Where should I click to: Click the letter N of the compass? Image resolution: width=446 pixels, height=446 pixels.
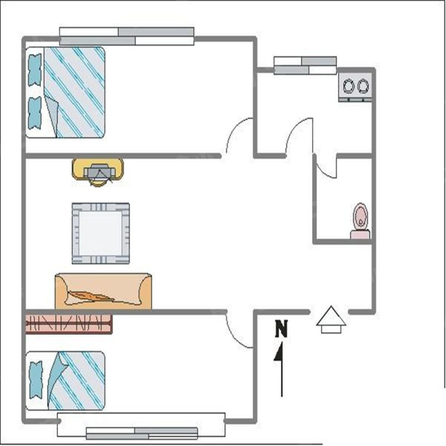[x=282, y=329]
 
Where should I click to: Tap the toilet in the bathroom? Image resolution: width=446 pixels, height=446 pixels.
[x=360, y=221]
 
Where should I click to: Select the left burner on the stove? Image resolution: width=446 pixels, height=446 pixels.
[x=348, y=86]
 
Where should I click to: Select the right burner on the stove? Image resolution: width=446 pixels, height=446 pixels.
[x=363, y=86]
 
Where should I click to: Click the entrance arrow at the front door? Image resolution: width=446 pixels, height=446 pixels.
[x=331, y=319]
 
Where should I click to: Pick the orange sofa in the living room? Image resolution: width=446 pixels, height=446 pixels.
[x=103, y=291]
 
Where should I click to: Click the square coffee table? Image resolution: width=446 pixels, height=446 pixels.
[x=101, y=233]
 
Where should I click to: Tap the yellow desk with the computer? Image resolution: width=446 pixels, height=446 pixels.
[x=98, y=169]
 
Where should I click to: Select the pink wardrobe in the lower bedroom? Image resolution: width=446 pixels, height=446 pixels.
[x=69, y=324]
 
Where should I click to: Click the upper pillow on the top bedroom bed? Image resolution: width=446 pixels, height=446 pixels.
[x=35, y=70]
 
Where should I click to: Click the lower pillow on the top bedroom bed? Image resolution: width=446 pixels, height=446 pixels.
[x=35, y=113]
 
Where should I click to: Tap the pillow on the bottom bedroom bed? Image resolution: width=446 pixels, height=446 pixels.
[x=36, y=380]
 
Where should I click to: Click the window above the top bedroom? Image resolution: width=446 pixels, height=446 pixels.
[x=127, y=36]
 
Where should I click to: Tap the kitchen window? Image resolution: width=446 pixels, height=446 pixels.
[x=305, y=65]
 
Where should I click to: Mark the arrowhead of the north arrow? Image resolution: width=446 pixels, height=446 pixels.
[x=279, y=352]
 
